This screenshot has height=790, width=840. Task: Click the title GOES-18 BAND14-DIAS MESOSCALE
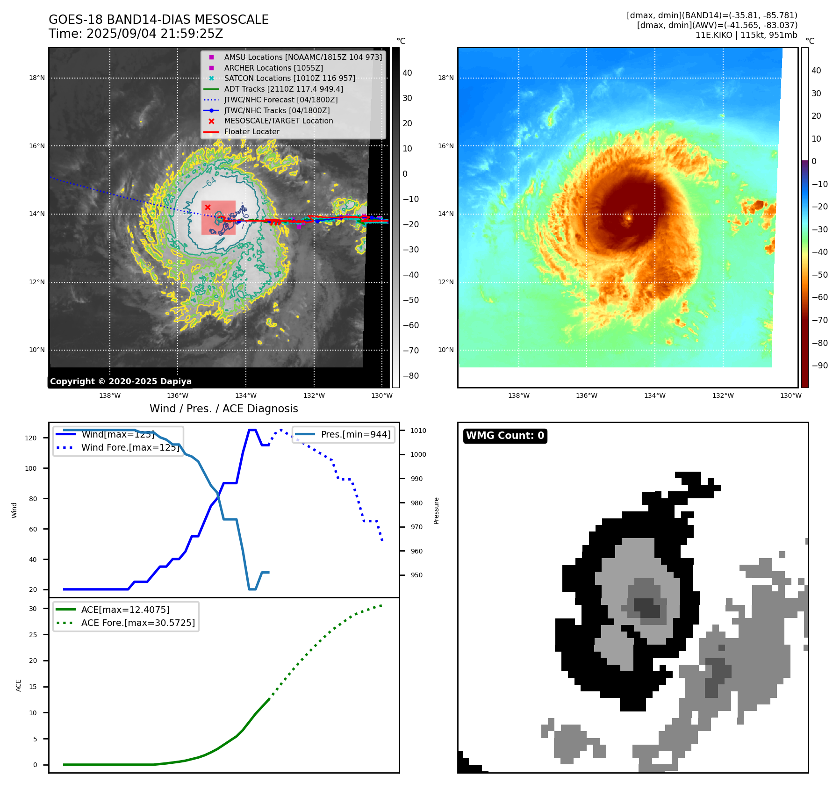pyautogui.click(x=158, y=20)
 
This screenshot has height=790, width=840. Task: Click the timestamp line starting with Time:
pyautogui.click(x=136, y=34)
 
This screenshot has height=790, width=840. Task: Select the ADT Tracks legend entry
pyautogui.click(x=283, y=89)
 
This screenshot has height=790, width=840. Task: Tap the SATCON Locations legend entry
pyautogui.click(x=289, y=78)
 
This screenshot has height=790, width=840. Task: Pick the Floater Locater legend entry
pyautogui.click(x=251, y=132)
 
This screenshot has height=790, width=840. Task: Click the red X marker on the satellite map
pyautogui.click(x=208, y=207)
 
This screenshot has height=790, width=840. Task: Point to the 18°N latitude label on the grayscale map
pyautogui.click(x=37, y=78)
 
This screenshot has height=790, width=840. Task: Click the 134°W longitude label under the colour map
pyautogui.click(x=654, y=395)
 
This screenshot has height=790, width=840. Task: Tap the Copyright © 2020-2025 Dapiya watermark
pyautogui.click(x=121, y=381)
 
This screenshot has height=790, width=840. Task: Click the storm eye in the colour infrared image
pyautogui.click(x=629, y=217)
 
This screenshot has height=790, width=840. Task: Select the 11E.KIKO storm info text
pyautogui.click(x=746, y=35)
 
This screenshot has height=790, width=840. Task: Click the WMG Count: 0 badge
pyautogui.click(x=505, y=436)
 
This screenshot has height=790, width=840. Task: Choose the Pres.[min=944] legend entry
pyautogui.click(x=355, y=434)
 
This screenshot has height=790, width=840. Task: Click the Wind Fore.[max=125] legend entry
pyautogui.click(x=130, y=447)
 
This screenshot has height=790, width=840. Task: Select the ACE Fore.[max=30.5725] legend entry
pyautogui.click(x=138, y=623)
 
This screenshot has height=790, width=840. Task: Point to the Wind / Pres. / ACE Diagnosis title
pyautogui.click(x=223, y=409)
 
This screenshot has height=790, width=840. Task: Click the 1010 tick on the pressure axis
pyautogui.click(x=418, y=431)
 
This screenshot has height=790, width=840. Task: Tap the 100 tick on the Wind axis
pyautogui.click(x=31, y=468)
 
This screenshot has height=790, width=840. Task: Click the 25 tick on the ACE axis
pyautogui.click(x=33, y=635)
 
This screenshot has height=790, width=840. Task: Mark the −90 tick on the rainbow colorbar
pyautogui.click(x=819, y=366)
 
